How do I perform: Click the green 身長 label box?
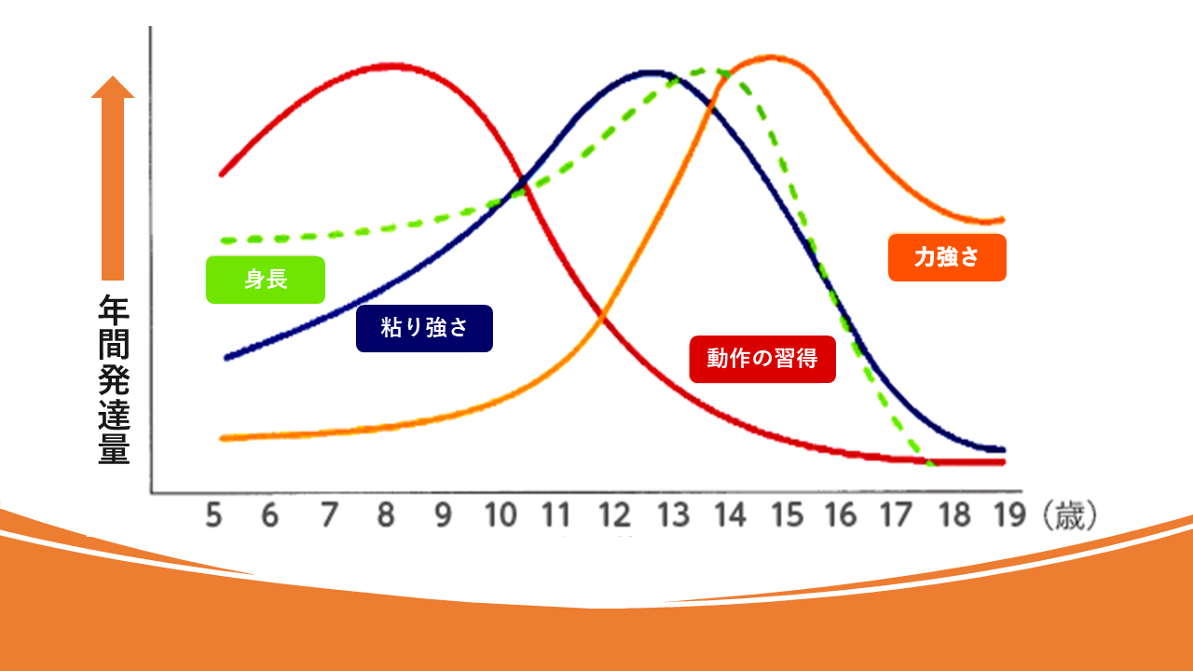coord(266,280)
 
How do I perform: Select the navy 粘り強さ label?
coord(424,328)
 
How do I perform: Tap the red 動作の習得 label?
coord(762,359)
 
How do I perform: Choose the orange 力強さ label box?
coord(947,257)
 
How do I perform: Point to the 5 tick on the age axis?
coord(213,514)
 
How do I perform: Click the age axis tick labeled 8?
coord(384,514)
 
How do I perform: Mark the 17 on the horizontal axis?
coord(898,514)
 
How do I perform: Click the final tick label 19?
coord(1008,514)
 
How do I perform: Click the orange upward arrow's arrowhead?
coord(113,89)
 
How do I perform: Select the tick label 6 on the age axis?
coord(270,514)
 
